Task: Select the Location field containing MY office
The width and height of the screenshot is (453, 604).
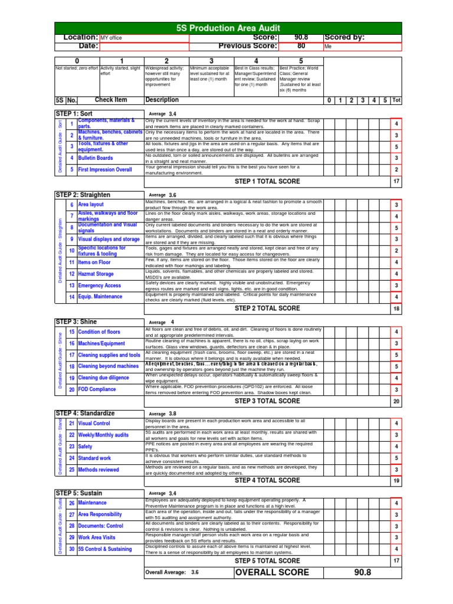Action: tap(144, 38)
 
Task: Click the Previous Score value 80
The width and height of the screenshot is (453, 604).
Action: tap(301, 46)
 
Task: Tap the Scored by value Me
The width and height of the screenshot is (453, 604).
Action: tap(362, 47)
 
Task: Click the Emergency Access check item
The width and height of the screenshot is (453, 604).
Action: tap(99, 285)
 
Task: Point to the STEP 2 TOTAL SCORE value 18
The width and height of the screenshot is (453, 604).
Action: tap(396, 308)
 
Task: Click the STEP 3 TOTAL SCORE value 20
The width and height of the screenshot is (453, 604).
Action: tap(396, 401)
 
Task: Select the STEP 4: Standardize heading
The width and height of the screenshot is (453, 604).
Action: tap(85, 413)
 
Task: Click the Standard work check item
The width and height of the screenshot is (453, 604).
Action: tap(94, 458)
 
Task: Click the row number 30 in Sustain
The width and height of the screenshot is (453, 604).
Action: tap(71, 549)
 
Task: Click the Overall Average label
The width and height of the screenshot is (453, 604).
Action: tap(166, 573)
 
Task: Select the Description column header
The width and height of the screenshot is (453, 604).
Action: tap(162, 100)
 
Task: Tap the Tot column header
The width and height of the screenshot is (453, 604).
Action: tap(396, 100)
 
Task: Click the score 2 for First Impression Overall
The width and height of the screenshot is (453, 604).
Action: tap(396, 169)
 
